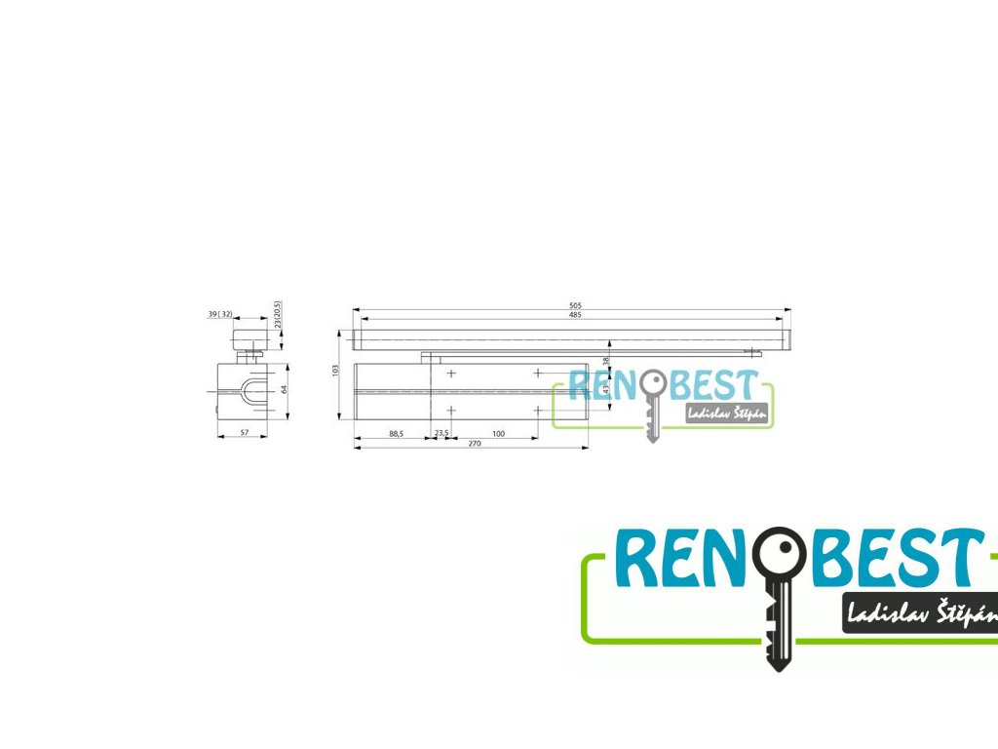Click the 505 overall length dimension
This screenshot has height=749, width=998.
pos(572,305)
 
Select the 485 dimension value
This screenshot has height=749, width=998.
pos(574,314)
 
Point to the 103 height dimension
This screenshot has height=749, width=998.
pos(334,371)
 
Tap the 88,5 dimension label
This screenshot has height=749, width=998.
pos(395,433)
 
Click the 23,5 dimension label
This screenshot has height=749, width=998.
pos(441,433)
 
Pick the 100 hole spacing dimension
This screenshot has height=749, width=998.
pos(498,433)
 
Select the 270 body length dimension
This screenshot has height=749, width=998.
pos(475,444)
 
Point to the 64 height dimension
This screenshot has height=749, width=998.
pos(284,388)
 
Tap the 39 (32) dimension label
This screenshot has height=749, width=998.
pos(219,314)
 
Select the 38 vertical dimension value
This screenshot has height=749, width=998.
pos(605,361)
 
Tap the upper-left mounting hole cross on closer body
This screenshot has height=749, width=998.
pos(451,374)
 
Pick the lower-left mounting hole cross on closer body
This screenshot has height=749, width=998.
pos(451,411)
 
